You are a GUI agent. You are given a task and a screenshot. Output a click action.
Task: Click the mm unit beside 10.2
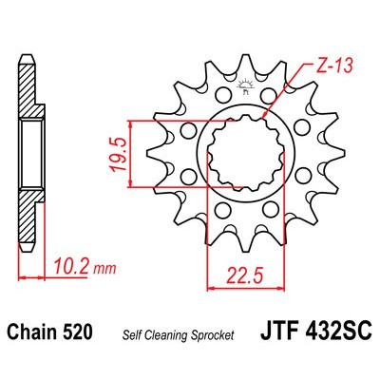(97, 269)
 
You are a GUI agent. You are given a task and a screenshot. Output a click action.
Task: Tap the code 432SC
(332, 332)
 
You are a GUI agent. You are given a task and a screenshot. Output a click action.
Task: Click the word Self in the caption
(131, 334)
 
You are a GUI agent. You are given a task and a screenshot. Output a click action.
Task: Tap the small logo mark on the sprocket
(244, 89)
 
